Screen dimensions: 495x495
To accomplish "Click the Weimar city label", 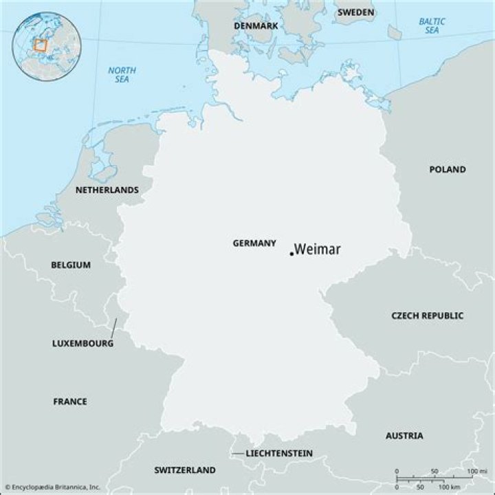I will tap(318, 250).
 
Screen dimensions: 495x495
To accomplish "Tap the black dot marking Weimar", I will tap(291, 254).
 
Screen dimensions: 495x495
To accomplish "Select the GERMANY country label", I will tap(254, 243).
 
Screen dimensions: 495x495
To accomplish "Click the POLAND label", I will tap(448, 169).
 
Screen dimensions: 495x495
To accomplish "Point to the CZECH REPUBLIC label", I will tap(428, 316).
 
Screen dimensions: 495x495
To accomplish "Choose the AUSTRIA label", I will tap(404, 436).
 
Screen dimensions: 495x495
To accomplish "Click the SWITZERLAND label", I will tap(185, 470).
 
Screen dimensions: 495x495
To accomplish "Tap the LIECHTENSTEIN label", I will tap(279, 453).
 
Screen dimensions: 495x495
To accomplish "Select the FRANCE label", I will tap(70, 401).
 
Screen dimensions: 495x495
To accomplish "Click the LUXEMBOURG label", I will tap(83, 343).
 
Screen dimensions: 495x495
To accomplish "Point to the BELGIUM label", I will tap(71, 265).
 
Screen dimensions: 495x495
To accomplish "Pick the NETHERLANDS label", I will tap(107, 190).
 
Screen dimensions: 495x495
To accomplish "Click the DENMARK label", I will tap(256, 25).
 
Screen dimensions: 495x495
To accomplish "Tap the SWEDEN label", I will tap(355, 12).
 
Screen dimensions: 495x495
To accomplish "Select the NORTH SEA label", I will tap(122, 75).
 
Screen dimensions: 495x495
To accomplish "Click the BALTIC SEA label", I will tap(432, 26).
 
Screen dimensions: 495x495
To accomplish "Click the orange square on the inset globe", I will tap(41, 45).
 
